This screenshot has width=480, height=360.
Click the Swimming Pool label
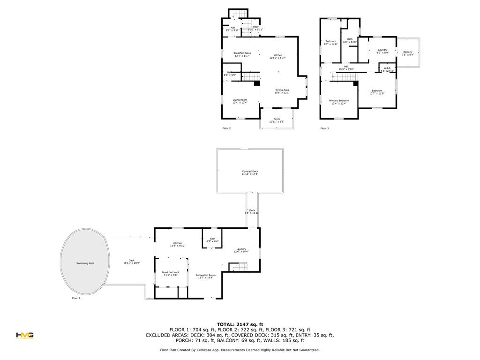tap(85, 263)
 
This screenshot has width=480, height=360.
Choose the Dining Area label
tap(282, 91)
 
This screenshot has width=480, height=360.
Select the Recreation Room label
tap(205, 276)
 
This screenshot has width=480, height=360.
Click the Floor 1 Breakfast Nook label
tap(171, 273)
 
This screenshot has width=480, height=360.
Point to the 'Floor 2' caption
tap(226, 128)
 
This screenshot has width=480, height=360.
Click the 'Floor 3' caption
tap(324, 128)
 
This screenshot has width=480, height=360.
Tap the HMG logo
tap(24, 335)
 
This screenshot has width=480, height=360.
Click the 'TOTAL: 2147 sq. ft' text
tap(240, 324)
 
